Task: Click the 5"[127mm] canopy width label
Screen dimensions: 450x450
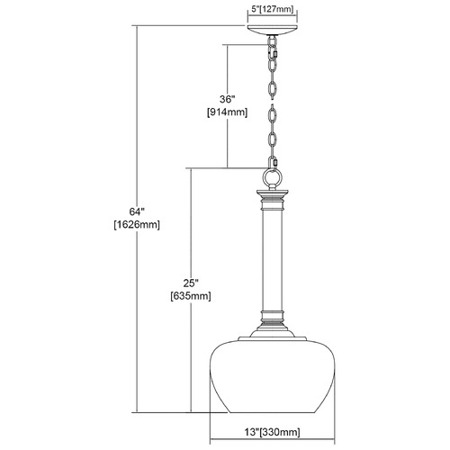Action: coord(272,9)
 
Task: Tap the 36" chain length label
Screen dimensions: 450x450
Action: coord(227,99)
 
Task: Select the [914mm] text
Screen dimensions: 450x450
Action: coord(227,112)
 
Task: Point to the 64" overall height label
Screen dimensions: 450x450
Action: coord(137,211)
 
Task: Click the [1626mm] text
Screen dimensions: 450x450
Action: coord(137,225)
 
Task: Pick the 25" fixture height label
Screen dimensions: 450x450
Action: coord(191,283)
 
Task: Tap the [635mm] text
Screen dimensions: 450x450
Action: coord(191,296)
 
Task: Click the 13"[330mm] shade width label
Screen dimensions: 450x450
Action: coord(272,432)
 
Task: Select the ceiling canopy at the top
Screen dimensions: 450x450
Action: coord(272,31)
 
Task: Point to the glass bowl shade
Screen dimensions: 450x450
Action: coord(272,376)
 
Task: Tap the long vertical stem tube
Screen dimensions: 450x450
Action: coord(272,260)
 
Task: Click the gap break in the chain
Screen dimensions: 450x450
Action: coord(272,102)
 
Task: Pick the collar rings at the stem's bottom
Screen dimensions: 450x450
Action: coord(272,317)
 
